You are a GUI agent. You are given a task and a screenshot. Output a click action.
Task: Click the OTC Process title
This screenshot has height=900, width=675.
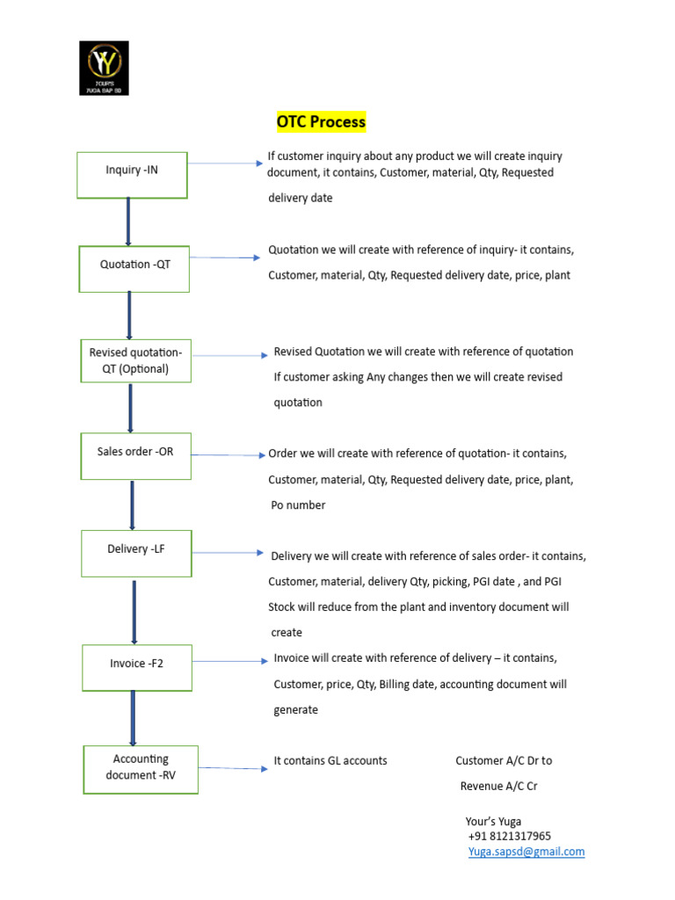click(321, 122)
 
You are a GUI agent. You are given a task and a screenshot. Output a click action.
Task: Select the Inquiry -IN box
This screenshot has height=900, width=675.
click(132, 174)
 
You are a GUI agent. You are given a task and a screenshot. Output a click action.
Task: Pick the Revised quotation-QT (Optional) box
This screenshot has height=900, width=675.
click(135, 360)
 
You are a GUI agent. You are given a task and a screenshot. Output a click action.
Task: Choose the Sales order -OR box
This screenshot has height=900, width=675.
click(135, 455)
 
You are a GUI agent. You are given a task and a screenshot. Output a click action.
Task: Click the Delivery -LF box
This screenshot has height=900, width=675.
click(136, 553)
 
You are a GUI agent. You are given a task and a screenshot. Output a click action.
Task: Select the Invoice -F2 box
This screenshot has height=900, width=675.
click(137, 668)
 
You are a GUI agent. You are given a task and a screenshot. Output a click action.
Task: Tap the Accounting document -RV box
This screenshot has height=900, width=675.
click(141, 768)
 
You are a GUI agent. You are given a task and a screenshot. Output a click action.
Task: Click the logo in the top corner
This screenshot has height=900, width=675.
click(104, 69)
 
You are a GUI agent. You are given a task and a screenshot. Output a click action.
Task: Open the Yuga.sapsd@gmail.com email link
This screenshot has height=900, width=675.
click(526, 852)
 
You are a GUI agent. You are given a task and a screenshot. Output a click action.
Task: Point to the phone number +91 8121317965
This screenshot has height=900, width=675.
click(510, 836)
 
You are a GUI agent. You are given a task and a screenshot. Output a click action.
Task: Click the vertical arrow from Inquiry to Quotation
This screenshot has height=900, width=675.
click(128, 221)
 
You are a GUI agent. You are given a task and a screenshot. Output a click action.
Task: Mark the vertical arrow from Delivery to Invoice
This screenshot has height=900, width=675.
click(134, 611)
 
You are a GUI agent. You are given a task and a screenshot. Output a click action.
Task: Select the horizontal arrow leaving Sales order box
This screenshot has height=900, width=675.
click(228, 455)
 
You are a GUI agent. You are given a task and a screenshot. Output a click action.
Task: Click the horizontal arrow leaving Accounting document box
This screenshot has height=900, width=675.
click(233, 768)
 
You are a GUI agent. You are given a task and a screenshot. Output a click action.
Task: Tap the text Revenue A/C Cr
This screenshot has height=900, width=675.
click(498, 786)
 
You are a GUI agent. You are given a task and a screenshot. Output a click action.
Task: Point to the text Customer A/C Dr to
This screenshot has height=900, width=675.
click(504, 760)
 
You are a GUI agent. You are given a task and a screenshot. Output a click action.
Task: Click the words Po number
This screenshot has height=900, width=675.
click(298, 505)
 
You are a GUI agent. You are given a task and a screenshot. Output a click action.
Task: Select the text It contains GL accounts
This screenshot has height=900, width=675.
click(330, 760)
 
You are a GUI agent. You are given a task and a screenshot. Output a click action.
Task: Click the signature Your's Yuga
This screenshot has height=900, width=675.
click(493, 821)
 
